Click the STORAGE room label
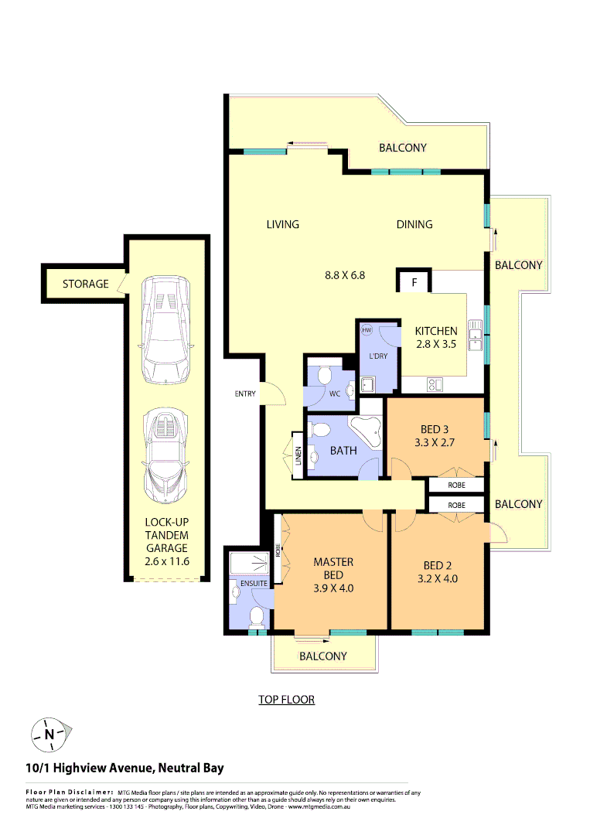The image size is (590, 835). click(85, 284)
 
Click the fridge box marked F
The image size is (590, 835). click(414, 282)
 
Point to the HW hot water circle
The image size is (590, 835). click(367, 330)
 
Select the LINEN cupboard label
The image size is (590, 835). click(298, 456)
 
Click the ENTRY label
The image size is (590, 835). click(245, 394)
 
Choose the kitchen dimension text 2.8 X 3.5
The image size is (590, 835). click(436, 346)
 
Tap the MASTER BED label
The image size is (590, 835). click(333, 568)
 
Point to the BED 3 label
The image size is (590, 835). click(435, 430)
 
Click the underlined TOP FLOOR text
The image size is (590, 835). click(287, 700)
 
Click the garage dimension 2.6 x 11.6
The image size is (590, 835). click(167, 562)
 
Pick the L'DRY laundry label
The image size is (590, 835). click(379, 356)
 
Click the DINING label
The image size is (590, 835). click(414, 224)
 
